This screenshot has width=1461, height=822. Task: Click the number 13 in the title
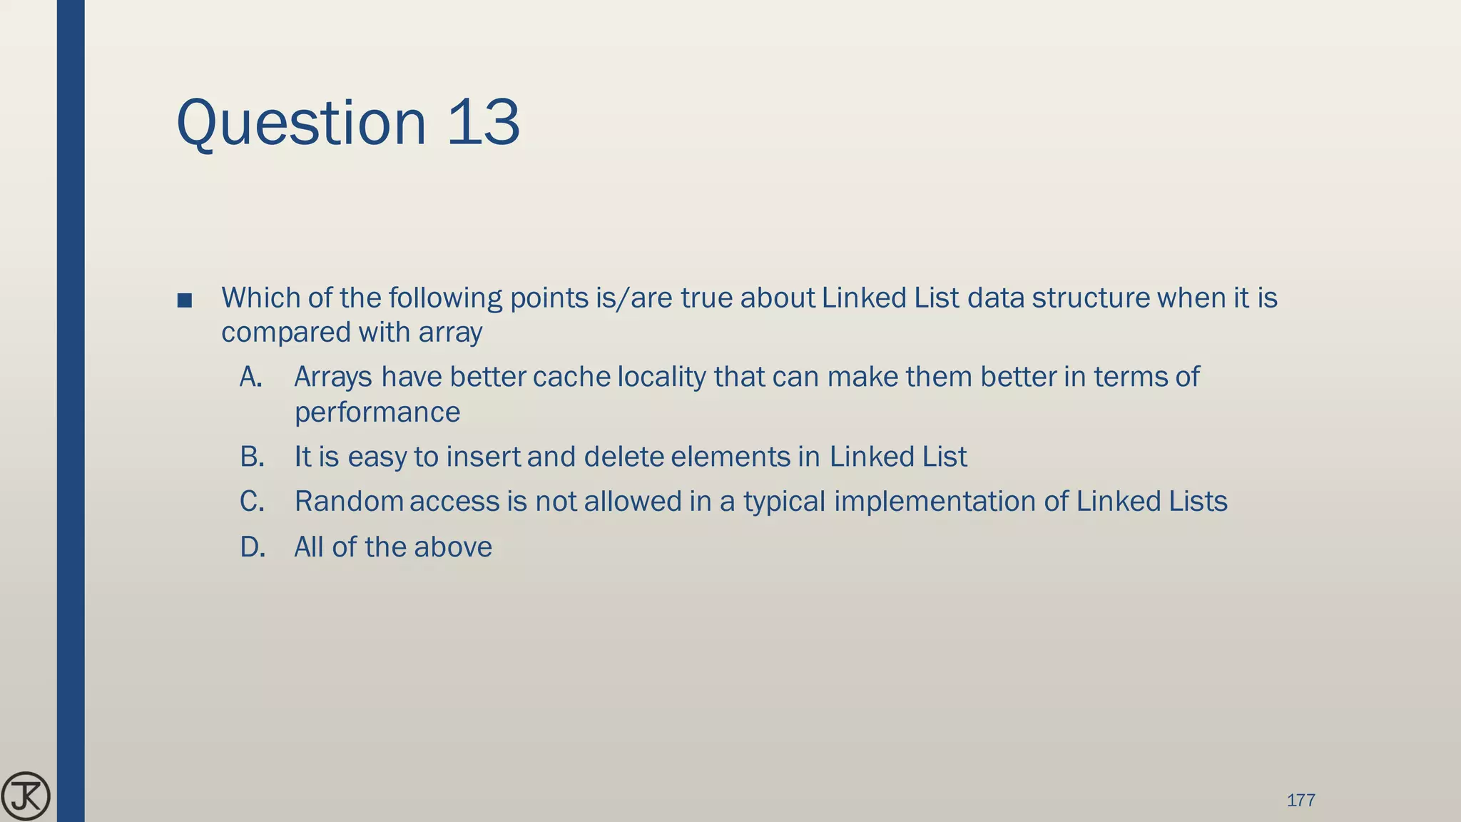click(484, 123)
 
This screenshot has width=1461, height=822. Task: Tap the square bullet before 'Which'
click(185, 300)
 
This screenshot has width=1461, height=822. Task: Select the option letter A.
click(251, 377)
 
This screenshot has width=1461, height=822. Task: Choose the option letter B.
click(252, 457)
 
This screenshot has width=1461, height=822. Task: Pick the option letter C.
click(252, 502)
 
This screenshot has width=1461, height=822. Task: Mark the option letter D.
click(253, 547)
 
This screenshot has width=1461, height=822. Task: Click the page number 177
click(1300, 800)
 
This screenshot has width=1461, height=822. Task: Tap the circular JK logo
click(26, 796)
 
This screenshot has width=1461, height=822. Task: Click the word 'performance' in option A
click(377, 412)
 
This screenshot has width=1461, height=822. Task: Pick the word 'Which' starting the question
click(260, 298)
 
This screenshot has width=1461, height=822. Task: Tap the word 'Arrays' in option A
click(333, 377)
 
